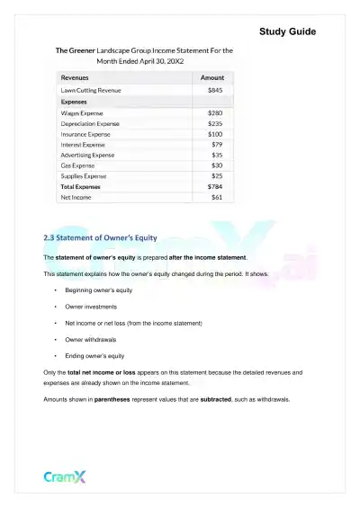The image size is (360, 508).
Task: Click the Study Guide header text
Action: coord(287,32)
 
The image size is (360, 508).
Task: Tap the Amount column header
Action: coord(211,78)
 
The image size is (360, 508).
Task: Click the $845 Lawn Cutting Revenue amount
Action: coord(215,91)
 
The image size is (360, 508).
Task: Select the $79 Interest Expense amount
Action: coord(217,144)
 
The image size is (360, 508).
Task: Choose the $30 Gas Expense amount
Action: coord(217,165)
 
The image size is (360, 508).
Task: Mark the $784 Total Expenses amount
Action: coord(215,186)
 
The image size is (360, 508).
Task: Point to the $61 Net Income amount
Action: coord(217,197)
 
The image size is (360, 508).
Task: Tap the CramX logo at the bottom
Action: coord(66,477)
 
